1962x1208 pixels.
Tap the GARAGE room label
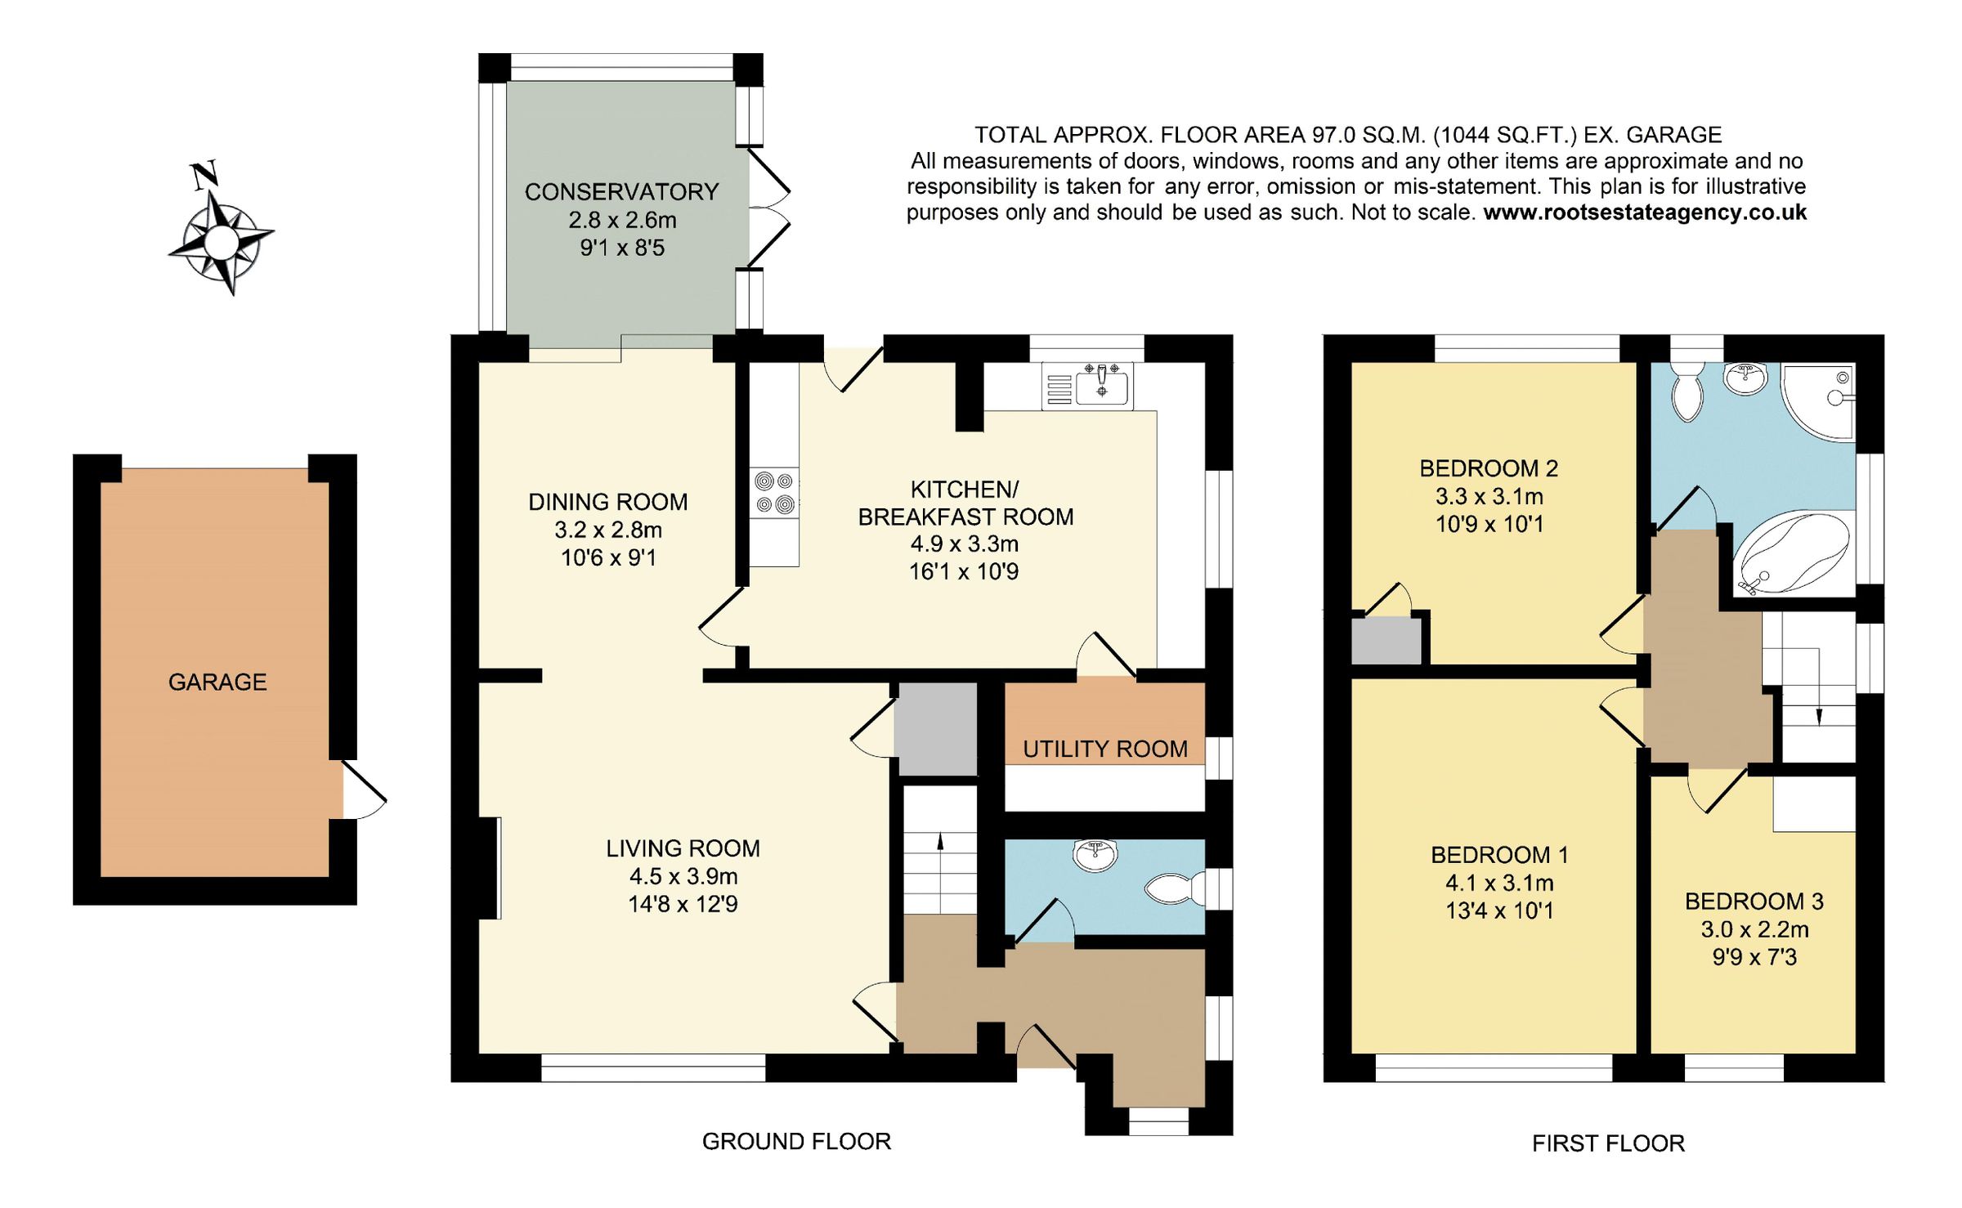point(217,682)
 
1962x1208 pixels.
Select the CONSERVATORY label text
point(621,192)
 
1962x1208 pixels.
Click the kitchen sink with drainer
point(1088,387)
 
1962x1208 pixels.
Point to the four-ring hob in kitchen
point(774,493)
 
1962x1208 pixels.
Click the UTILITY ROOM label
point(1105,749)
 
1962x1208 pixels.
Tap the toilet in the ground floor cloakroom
point(1176,889)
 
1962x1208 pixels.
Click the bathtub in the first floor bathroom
point(1793,553)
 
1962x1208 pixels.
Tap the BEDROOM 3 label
point(1754,902)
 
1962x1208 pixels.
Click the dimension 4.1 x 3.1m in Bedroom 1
point(1499,883)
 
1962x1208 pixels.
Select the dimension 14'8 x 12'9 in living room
point(683,904)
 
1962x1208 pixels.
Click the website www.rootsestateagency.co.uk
point(1645,213)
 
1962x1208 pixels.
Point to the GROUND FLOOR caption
point(796,1141)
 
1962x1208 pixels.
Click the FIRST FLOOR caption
point(1608,1143)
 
